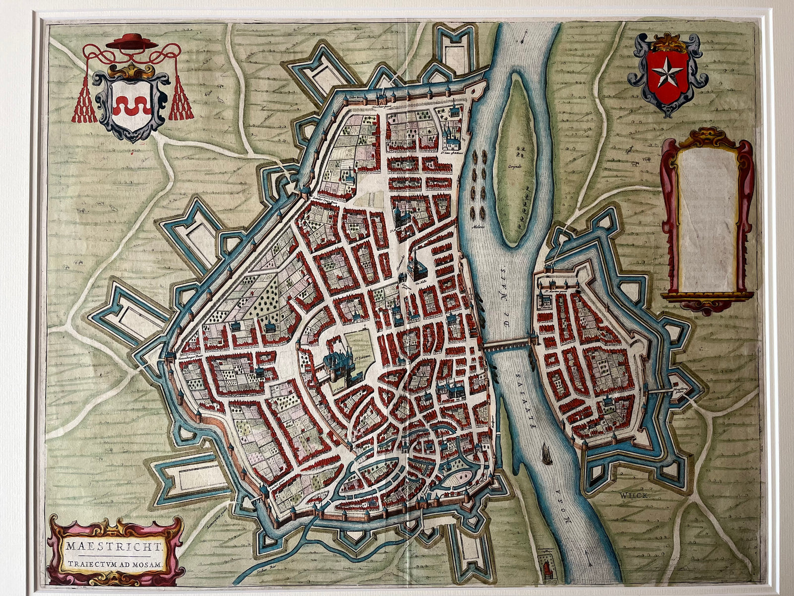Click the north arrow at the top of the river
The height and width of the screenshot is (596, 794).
tap(525, 36)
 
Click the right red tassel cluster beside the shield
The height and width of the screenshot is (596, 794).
tap(180, 102)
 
